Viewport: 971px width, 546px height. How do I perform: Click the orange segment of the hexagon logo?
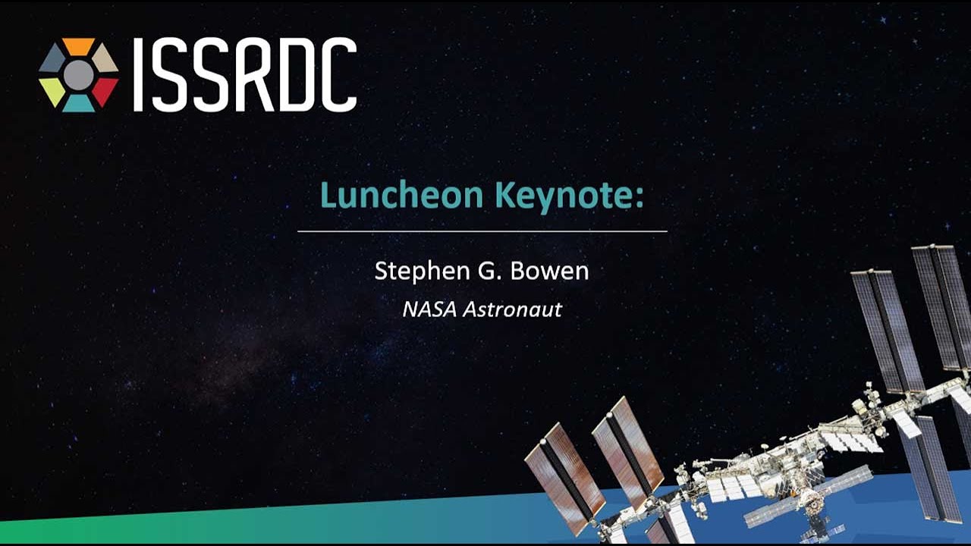click(78, 46)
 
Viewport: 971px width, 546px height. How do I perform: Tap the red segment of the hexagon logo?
click(105, 90)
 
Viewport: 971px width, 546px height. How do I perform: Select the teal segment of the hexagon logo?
click(78, 104)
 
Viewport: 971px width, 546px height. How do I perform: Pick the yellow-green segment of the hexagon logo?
click(52, 90)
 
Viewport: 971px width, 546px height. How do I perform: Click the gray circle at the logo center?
click(78, 75)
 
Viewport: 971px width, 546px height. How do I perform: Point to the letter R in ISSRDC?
click(253, 74)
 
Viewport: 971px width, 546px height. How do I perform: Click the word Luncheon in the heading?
click(402, 196)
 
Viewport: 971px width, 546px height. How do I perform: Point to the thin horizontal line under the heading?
click(482, 231)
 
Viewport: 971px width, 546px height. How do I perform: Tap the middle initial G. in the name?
click(490, 271)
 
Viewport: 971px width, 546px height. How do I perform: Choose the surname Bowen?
click(550, 271)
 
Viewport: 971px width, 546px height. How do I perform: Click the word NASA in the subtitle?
click(429, 309)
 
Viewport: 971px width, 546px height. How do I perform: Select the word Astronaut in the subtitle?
click(512, 309)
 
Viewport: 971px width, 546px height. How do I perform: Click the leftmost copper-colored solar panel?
click(565, 479)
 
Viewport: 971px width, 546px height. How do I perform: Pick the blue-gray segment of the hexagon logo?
click(52, 58)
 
